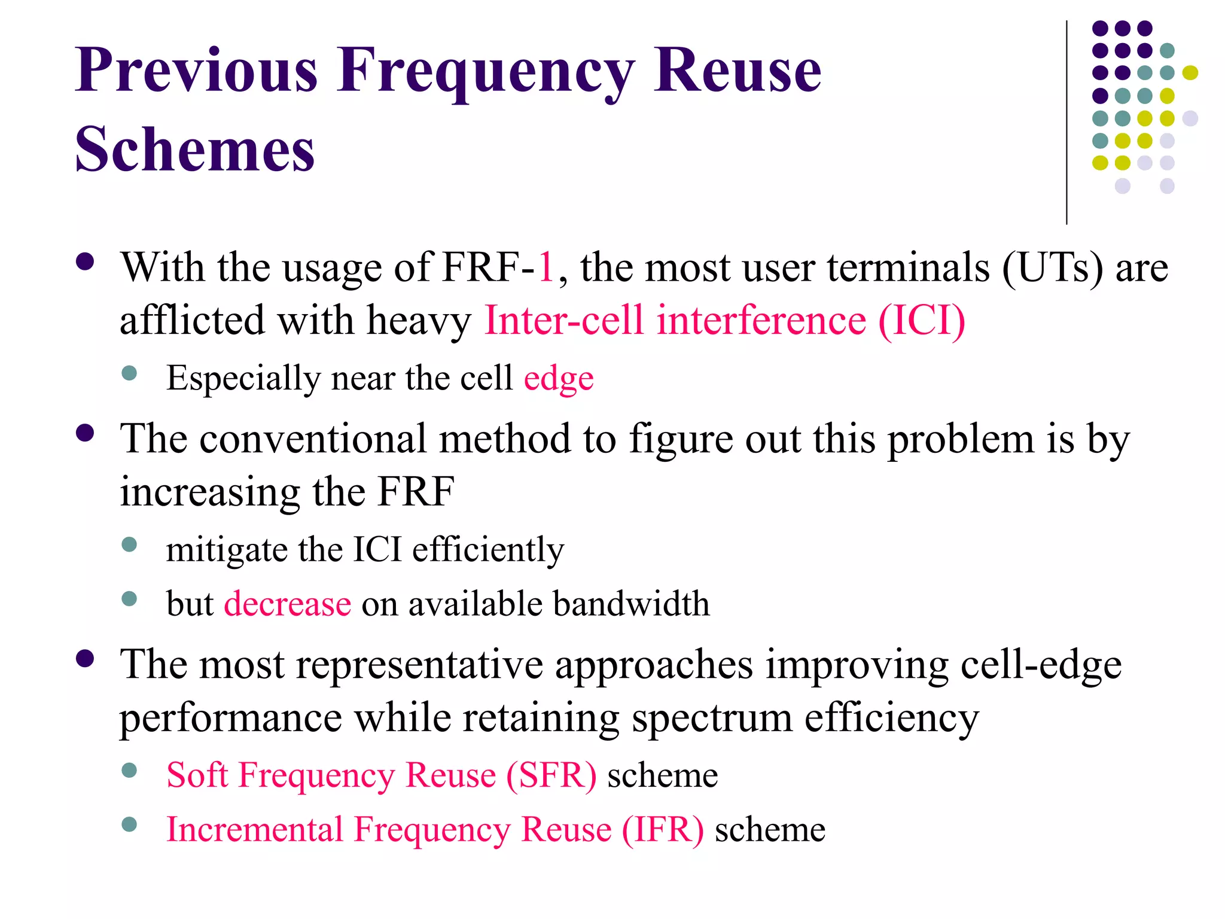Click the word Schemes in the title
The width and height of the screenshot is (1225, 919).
click(194, 150)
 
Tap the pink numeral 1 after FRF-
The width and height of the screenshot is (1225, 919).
click(546, 267)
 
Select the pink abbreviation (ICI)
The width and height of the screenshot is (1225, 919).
click(921, 320)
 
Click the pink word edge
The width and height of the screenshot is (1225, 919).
click(559, 379)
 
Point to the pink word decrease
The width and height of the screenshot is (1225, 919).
click(287, 603)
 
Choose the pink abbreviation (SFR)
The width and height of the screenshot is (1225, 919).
click(551, 775)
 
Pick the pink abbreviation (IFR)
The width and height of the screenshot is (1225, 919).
click(663, 830)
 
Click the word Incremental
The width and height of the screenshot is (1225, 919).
click(255, 830)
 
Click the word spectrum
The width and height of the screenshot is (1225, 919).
click(712, 718)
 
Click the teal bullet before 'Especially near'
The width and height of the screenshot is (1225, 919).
click(129, 374)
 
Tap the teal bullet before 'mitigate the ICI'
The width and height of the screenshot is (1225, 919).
click(129, 544)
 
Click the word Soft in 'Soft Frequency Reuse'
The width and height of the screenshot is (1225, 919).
click(197, 775)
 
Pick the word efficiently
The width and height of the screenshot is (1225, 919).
click(487, 549)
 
